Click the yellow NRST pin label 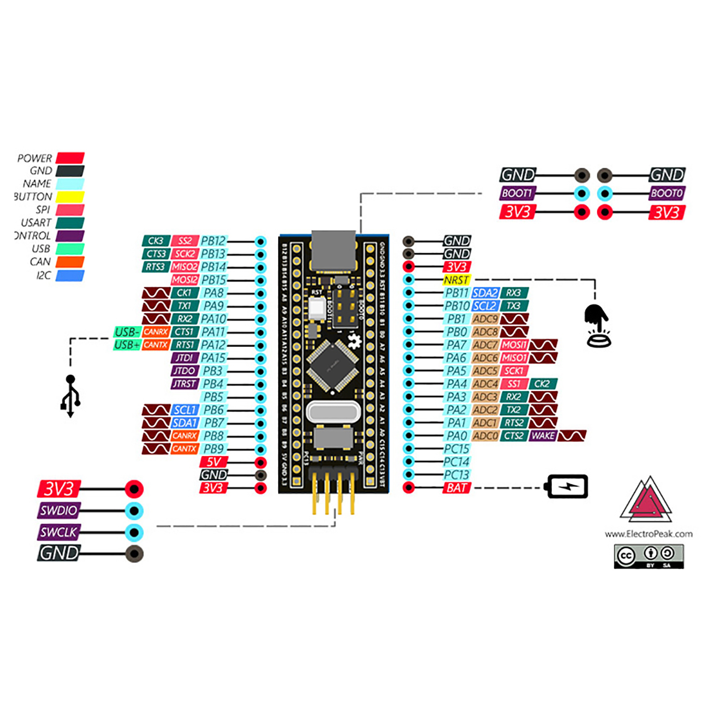[x=456, y=280]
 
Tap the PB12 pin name [x=213, y=241]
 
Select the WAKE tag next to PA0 [x=543, y=436]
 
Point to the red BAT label [x=456, y=488]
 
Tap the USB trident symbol [x=70, y=396]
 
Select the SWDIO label [x=59, y=511]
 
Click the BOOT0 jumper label [x=666, y=193]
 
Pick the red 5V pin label [x=213, y=462]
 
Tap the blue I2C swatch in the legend [x=70, y=275]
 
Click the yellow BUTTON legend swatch [x=70, y=197]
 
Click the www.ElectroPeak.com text [x=648, y=534]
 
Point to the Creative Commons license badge [x=648, y=556]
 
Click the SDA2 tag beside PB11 [x=485, y=293]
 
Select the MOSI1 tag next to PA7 [x=514, y=345]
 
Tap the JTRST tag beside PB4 [x=184, y=384]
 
